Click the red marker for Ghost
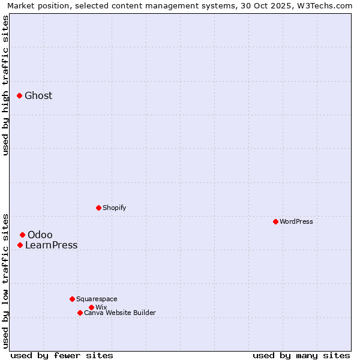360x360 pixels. (19, 95)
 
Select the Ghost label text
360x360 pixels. (38, 96)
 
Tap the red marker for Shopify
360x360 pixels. (98, 208)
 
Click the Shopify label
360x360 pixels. (114, 208)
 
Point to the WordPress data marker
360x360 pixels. (275, 221)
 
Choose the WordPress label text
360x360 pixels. (296, 222)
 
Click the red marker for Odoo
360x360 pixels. (22, 235)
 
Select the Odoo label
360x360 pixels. (40, 235)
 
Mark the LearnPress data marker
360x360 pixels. (20, 245)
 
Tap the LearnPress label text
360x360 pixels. (52, 245)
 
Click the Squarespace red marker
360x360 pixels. (72, 299)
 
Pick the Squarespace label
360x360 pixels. (97, 299)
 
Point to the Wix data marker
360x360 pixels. (91, 307)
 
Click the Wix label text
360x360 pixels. (101, 308)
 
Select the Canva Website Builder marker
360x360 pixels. (80, 313)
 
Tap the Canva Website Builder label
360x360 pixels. (120, 313)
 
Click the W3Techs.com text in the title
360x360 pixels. (328, 5)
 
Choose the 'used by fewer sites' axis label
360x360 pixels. (62, 355)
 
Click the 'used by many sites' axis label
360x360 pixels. (301, 355)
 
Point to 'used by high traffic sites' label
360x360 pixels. (6, 85)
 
